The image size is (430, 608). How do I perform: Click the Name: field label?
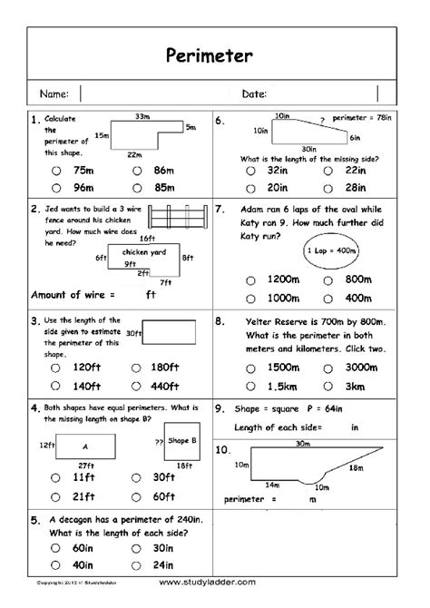(x=54, y=93)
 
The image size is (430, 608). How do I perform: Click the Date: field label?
(x=254, y=93)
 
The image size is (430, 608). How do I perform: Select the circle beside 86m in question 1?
(x=135, y=170)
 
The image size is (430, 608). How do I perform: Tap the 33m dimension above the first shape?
(x=142, y=116)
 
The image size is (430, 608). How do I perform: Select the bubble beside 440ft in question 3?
(x=135, y=385)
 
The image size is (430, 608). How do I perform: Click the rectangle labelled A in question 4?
(x=85, y=446)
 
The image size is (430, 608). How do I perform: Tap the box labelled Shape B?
(x=182, y=442)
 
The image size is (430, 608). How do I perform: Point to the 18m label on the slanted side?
(x=357, y=467)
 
